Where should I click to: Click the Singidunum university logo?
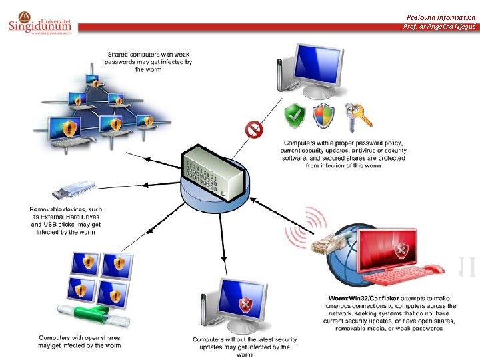coord(41,22)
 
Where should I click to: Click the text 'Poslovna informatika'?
coord(441,17)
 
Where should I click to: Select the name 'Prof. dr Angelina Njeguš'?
coord(439,27)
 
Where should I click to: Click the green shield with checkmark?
coord(294,115)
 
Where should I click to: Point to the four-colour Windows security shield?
coord(324,115)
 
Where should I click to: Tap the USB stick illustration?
coord(69,189)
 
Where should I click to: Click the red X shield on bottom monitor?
coord(245,306)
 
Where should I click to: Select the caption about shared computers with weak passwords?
coord(148,61)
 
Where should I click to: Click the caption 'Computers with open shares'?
coord(79,342)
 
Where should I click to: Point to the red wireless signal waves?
coord(299,230)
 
